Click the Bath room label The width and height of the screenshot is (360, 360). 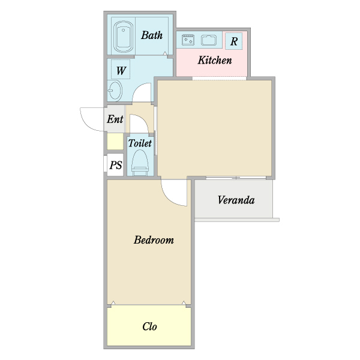(x=152, y=35)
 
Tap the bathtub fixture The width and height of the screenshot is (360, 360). (x=123, y=37)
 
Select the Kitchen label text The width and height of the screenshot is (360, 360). (x=215, y=60)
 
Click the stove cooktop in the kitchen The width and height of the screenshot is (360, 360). (x=188, y=40)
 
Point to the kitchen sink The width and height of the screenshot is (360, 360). (x=209, y=40)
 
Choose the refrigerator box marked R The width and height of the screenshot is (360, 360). (x=234, y=41)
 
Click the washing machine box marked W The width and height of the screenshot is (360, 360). (x=121, y=70)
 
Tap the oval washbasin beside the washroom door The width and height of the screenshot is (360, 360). (x=115, y=91)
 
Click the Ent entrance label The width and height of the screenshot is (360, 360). (x=115, y=119)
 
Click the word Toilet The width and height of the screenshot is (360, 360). (x=140, y=143)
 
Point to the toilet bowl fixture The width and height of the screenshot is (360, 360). (x=140, y=163)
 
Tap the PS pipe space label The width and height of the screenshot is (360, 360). (x=115, y=165)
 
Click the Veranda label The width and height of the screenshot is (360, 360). (x=236, y=200)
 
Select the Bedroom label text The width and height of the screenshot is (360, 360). (x=154, y=240)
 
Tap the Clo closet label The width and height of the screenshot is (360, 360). (x=149, y=326)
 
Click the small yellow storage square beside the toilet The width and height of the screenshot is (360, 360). (x=115, y=142)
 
